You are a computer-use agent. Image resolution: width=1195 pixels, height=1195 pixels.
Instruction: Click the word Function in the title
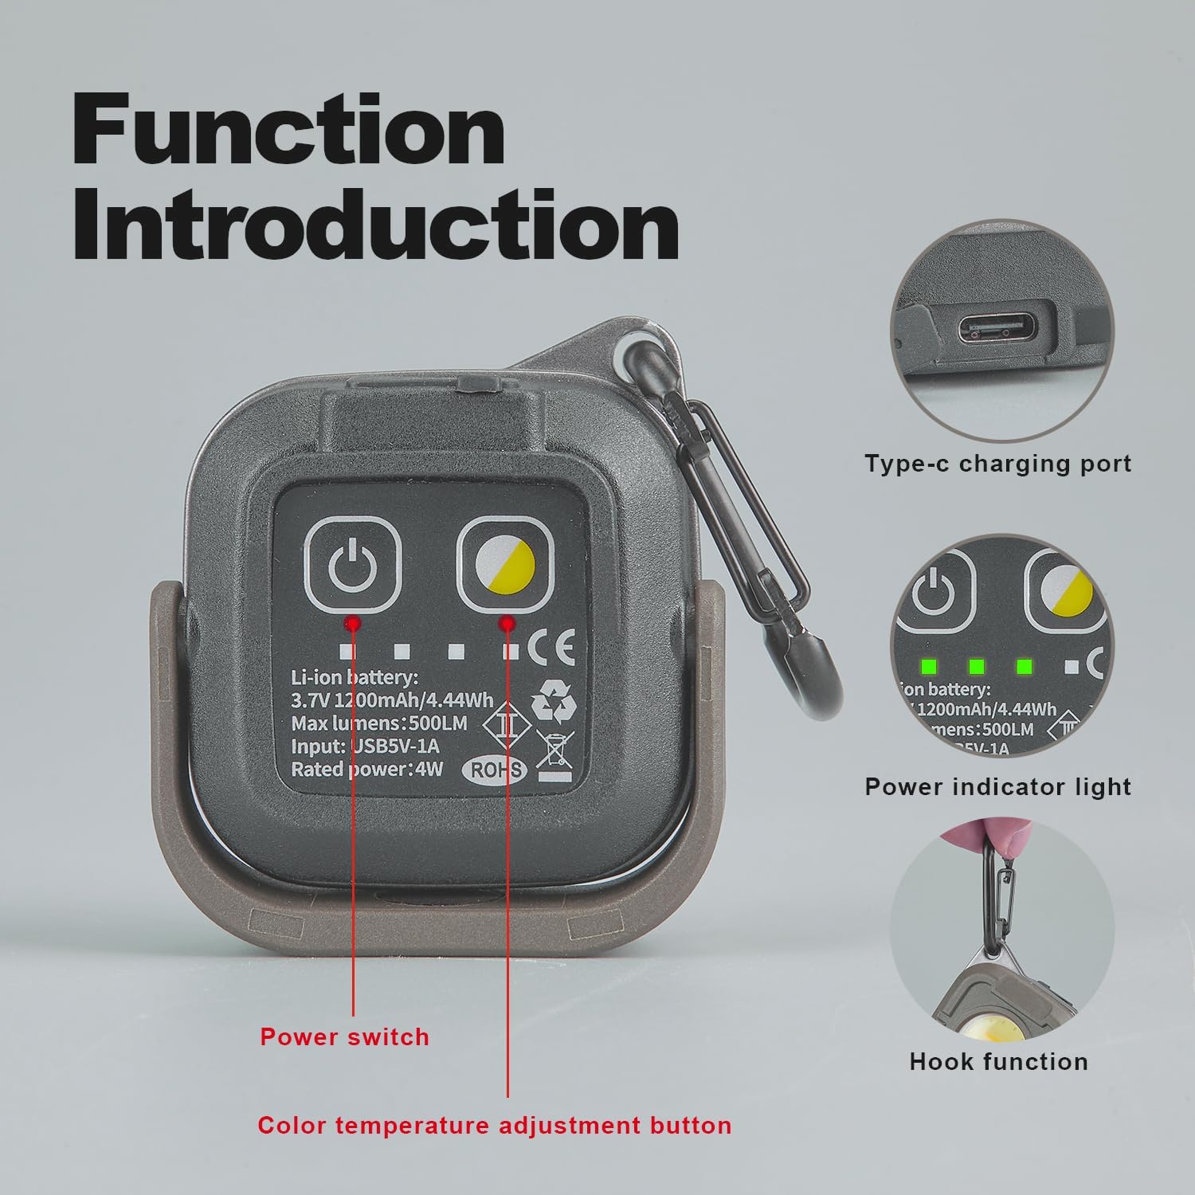[x=288, y=130]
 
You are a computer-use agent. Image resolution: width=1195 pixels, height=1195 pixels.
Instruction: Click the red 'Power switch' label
[x=344, y=1036]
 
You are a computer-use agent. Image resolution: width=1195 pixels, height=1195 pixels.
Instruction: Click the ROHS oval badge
[x=497, y=769]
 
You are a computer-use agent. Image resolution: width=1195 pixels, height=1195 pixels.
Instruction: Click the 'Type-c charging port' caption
[x=998, y=463]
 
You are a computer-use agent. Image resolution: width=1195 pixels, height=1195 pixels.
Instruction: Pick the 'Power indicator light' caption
[x=998, y=786]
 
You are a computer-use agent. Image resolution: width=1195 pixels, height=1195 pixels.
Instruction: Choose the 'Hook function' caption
[x=998, y=1061]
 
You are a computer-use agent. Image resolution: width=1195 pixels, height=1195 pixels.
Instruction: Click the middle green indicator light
[x=977, y=666]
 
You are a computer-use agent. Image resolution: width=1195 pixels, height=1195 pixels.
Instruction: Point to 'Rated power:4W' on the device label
[x=366, y=769]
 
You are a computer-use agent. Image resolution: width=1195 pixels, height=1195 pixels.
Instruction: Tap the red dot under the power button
[x=353, y=622]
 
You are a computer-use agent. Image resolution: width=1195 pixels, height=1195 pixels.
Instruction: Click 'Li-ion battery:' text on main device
[x=354, y=678]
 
